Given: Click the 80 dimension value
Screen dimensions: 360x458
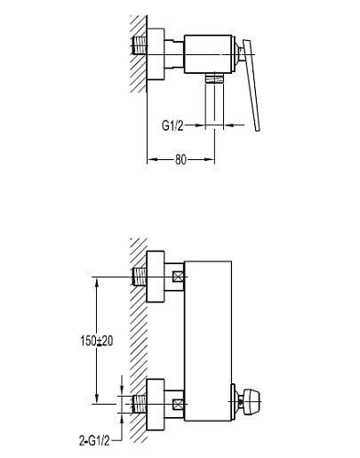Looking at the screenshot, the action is [x=180, y=159].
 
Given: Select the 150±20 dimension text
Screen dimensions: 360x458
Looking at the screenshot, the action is [x=97, y=341].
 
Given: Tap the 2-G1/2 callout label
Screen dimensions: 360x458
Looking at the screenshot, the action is [x=94, y=441].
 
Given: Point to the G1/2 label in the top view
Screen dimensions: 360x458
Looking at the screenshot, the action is [x=172, y=125].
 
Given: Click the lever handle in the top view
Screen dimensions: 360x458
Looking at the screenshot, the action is [x=252, y=85].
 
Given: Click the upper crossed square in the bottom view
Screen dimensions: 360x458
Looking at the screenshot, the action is [x=179, y=277].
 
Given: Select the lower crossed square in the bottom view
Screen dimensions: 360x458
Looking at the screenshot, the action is [x=179, y=404].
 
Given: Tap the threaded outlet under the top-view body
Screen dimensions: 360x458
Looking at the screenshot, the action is [x=214, y=78].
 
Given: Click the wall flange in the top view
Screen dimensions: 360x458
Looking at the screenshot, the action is [x=156, y=54].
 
